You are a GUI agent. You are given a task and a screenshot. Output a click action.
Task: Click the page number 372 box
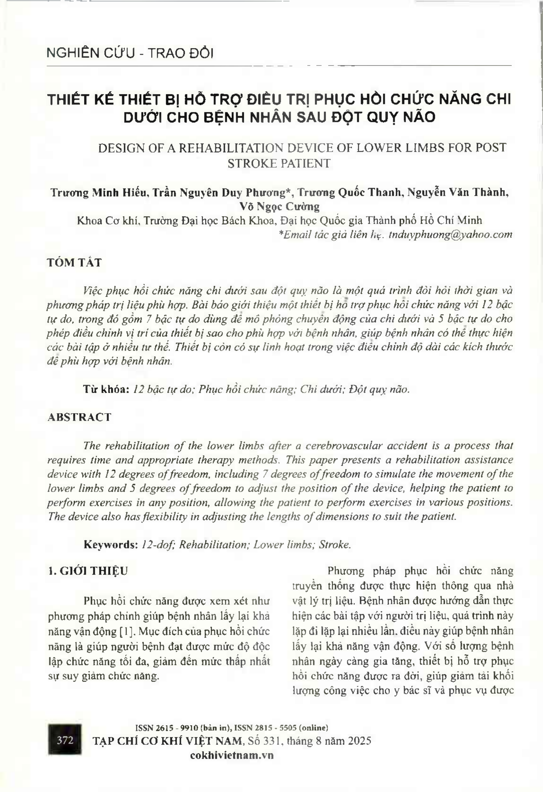[65, 740]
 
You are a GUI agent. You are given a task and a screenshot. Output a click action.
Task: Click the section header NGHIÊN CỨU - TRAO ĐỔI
[130, 53]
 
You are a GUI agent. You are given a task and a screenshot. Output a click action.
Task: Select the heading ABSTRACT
[79, 417]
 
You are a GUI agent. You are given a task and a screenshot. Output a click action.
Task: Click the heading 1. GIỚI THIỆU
[88, 571]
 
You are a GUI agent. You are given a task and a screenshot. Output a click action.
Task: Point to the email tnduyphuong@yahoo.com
[450, 234]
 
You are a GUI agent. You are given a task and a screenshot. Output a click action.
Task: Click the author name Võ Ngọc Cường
[279, 206]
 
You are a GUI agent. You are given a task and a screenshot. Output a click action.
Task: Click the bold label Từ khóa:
[106, 389]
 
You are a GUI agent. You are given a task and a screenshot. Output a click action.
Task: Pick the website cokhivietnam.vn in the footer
[232, 755]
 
